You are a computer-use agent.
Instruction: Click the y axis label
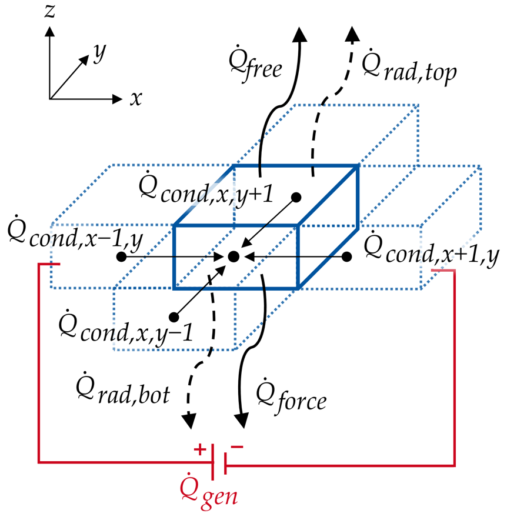[99, 55]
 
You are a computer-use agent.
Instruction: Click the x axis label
[136, 98]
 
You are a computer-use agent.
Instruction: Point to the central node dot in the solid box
[234, 256]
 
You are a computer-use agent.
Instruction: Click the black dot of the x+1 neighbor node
[346, 256]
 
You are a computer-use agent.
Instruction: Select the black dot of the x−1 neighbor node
[121, 256]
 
